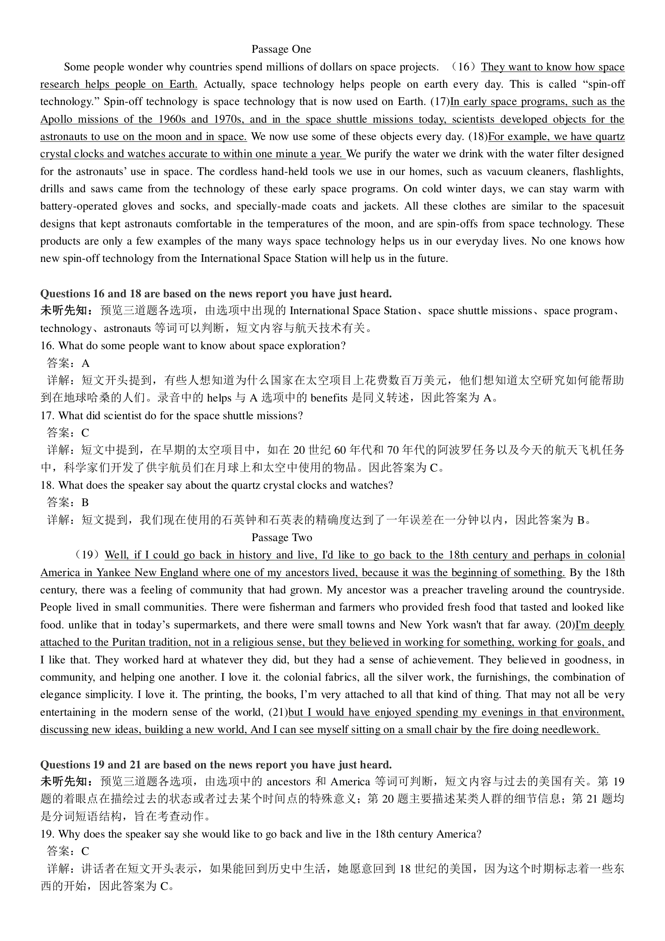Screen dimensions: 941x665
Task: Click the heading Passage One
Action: coord(281,49)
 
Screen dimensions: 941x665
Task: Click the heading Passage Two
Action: coord(282,537)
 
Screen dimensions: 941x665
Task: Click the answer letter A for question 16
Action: coord(85,363)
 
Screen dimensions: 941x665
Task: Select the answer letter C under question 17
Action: coord(85,433)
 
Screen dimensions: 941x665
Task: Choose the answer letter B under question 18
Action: coord(85,502)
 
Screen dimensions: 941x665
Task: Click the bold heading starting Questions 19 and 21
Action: coord(216,765)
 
